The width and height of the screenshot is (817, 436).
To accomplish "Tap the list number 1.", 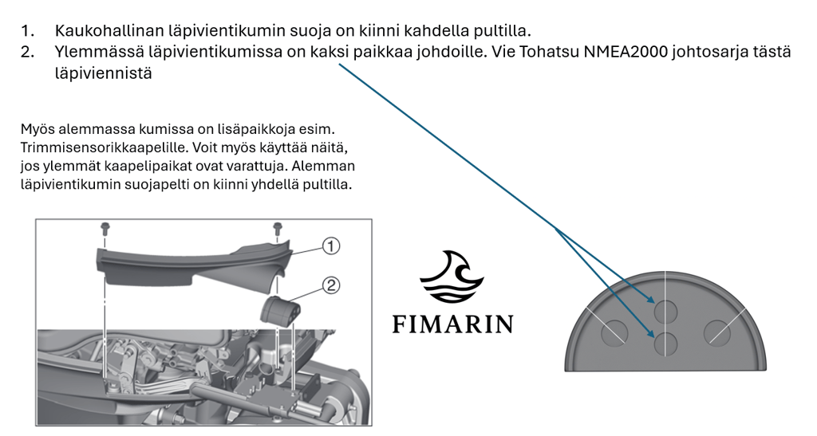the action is coord(28,31).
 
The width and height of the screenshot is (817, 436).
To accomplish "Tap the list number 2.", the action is coord(28,52).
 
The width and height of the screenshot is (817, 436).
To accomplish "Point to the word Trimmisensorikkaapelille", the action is coord(105,147).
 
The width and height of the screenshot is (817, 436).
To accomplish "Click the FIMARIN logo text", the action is coord(453,324).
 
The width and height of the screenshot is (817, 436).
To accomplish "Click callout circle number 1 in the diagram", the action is coord(331,245).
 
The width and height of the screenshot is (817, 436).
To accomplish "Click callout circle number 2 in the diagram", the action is coord(331,285).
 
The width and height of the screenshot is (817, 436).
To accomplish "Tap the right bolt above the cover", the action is coord(277,227).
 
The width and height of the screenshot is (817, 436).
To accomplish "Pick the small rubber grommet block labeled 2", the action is coord(282,310).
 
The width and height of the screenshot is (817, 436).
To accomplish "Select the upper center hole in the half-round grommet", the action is coord(666,312).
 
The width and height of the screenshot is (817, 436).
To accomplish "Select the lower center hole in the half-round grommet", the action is coord(666,344).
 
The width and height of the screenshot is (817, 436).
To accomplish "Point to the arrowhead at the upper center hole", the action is coord(651,300).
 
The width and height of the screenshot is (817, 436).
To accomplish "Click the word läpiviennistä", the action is coord(103,73).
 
